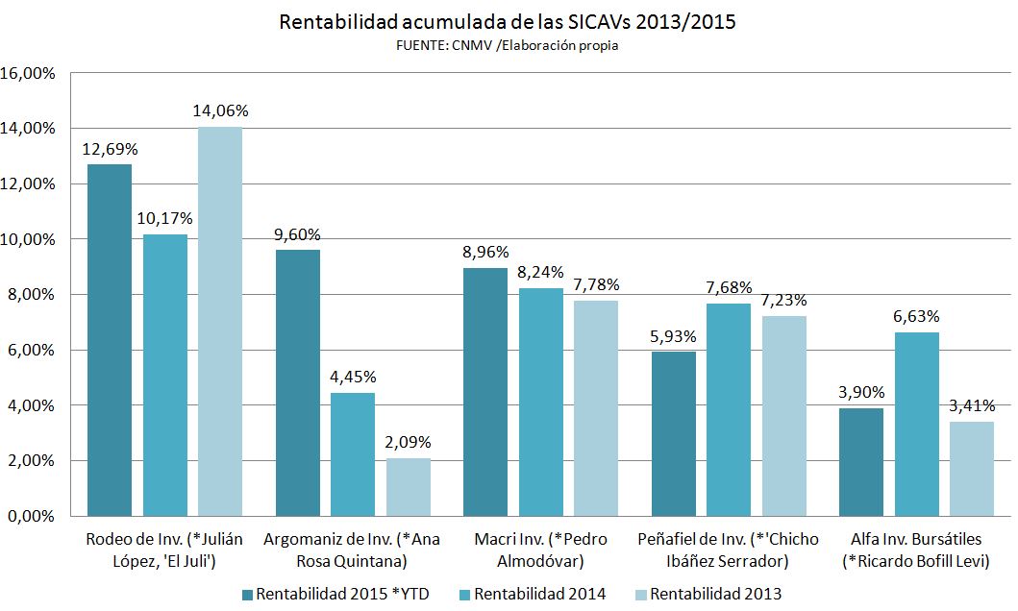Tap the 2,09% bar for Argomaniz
409,487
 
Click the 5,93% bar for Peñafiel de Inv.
673,433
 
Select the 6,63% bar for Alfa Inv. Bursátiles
917,424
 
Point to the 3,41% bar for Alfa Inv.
972,469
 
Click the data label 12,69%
110,149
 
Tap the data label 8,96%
485,254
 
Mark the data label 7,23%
785,301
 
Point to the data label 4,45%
353,378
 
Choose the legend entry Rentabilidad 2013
706,594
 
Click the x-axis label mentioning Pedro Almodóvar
540,550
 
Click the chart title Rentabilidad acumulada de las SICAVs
508,22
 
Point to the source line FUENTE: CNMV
507,45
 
